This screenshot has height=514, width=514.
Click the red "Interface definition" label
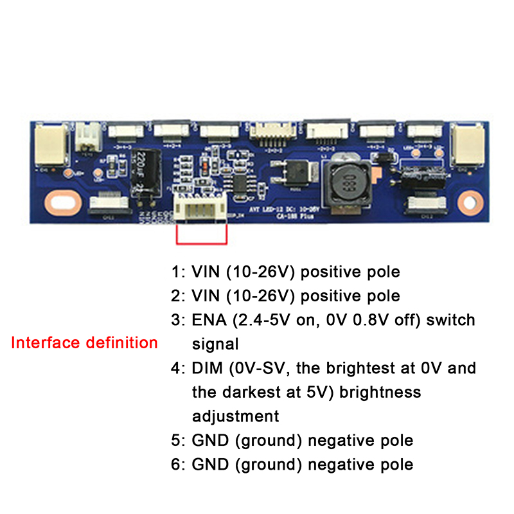click(84, 342)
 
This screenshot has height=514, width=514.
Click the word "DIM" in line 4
click(206, 368)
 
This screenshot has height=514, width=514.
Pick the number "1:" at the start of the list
click(178, 272)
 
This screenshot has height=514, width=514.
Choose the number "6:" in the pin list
click(178, 464)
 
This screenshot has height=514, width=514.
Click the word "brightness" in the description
click(384, 392)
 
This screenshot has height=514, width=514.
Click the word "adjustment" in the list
click(236, 416)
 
